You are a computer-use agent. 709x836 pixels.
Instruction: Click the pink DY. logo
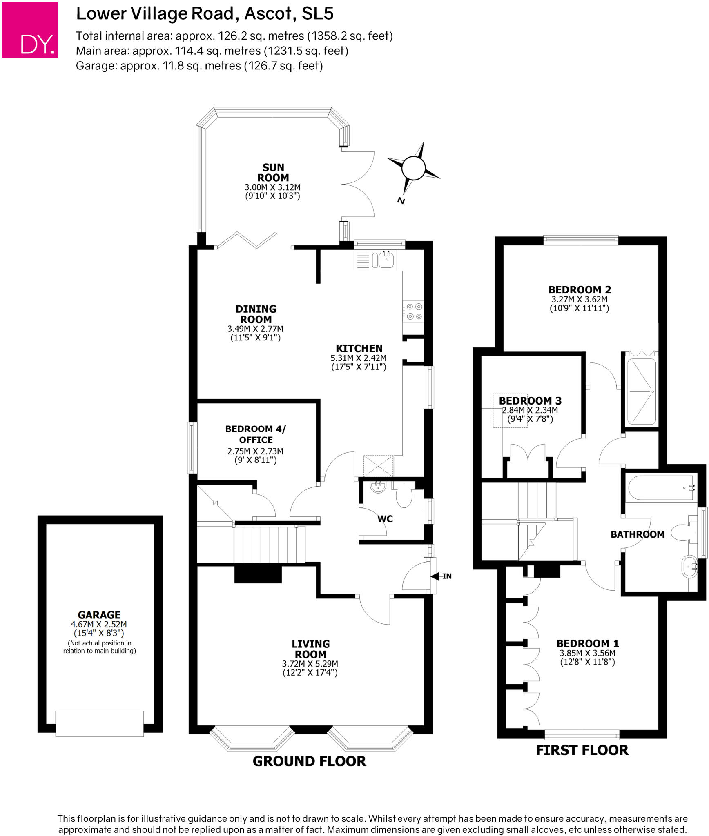[30, 30]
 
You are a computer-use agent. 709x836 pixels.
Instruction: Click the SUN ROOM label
[273, 173]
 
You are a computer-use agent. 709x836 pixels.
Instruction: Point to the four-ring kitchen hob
[413, 311]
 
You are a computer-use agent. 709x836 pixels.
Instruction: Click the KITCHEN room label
[359, 349]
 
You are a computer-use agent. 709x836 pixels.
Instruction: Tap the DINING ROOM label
[256, 314]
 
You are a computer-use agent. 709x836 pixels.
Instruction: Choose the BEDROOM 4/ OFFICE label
[256, 434]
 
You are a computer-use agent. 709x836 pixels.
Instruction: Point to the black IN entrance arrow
[435, 576]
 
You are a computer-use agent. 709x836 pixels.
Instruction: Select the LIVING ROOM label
[310, 649]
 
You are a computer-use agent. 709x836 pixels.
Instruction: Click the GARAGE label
[99, 615]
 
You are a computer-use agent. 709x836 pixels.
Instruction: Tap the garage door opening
[99, 723]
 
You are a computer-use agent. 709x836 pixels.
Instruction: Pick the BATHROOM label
[638, 534]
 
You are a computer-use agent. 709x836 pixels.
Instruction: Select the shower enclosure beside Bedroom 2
[640, 391]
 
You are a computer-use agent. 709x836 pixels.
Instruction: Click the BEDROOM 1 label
[588, 643]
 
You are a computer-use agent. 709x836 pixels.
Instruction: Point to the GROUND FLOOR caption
[309, 761]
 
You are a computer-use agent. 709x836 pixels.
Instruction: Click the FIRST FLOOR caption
[582, 750]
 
